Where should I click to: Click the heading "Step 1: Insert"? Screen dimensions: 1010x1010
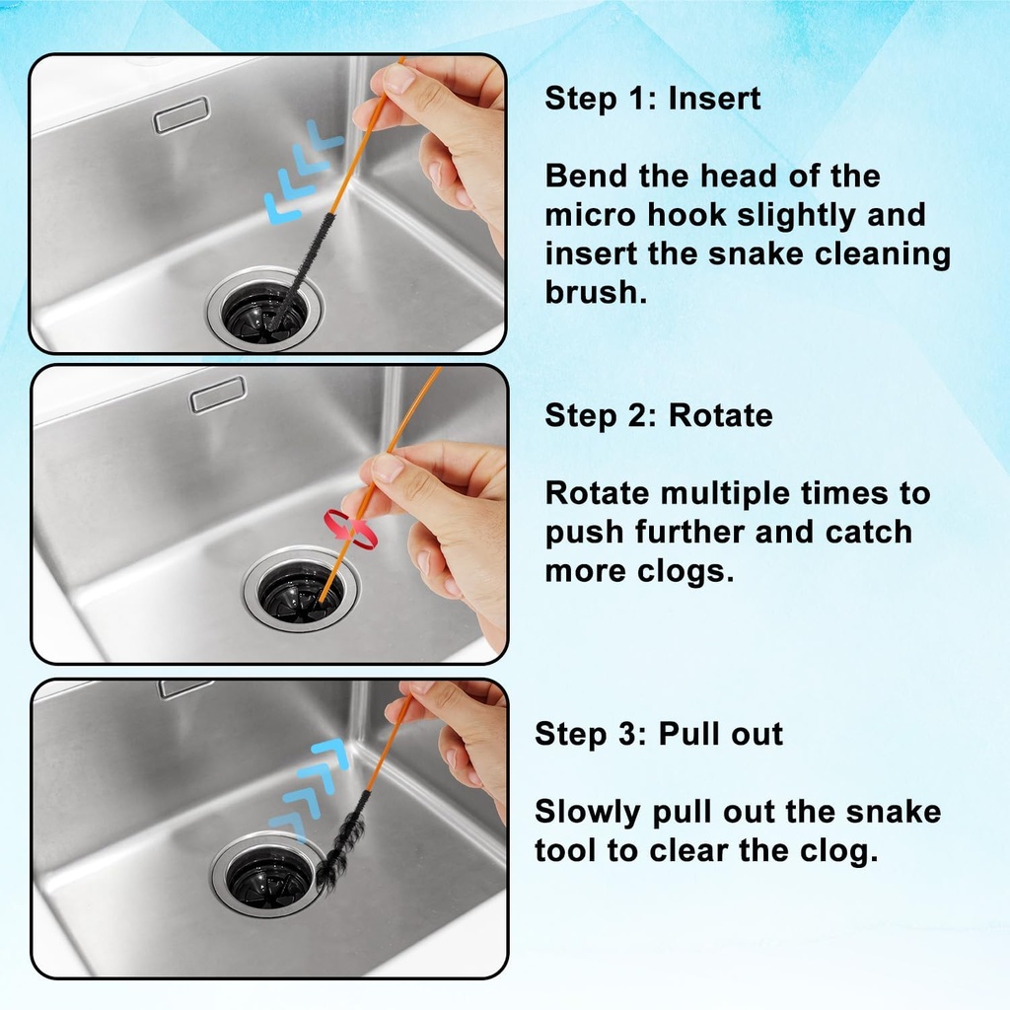(652, 99)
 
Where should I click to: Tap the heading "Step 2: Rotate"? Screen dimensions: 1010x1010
(658, 415)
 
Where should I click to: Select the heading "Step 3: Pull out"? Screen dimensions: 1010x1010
(658, 734)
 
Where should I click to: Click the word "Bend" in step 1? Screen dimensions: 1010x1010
(585, 177)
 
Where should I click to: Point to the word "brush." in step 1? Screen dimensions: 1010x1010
(596, 293)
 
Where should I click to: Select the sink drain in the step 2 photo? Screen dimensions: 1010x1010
(301, 590)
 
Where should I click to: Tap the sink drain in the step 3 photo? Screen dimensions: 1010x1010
(267, 873)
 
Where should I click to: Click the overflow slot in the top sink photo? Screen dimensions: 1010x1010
(181, 114)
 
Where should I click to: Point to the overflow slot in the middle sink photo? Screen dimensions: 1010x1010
(218, 394)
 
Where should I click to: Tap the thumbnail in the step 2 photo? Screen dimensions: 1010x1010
(389, 467)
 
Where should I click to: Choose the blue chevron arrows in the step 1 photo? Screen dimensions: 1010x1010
(303, 169)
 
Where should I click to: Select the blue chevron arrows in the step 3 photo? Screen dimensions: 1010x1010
(309, 785)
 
